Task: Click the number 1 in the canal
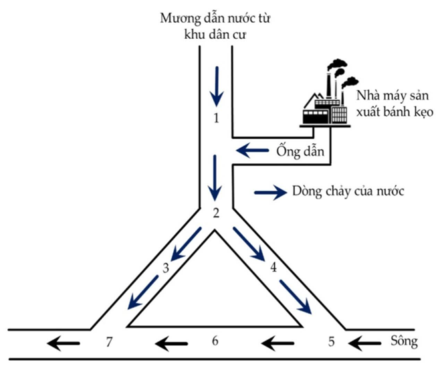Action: pyautogui.click(x=215, y=119)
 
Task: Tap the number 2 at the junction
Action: pyautogui.click(x=215, y=213)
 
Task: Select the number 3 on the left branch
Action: pyautogui.click(x=166, y=268)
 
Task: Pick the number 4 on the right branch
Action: pyautogui.click(x=273, y=268)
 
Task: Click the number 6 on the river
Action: pyautogui.click(x=215, y=341)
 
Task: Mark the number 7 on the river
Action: pyautogui.click(x=108, y=343)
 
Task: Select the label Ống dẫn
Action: pyautogui.click(x=294, y=150)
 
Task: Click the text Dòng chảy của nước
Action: pyautogui.click(x=350, y=192)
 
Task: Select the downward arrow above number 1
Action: pyautogui.click(x=215, y=86)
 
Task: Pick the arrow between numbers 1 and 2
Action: pyautogui.click(x=215, y=177)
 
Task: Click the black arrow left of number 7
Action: pyautogui.click(x=64, y=343)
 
